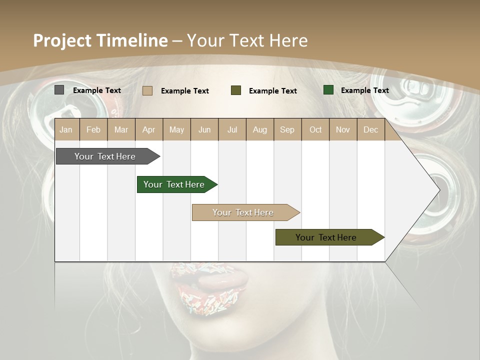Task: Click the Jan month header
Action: tap(66, 129)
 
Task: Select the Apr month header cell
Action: tap(149, 129)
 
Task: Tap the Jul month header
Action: tap(232, 129)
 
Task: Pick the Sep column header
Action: tap(287, 129)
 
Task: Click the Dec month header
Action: tap(370, 129)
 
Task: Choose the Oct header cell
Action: tap(315, 129)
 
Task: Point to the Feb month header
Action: tap(93, 129)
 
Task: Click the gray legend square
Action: tap(59, 90)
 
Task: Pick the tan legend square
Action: tap(147, 90)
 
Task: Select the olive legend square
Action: tap(236, 90)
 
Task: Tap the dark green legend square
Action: tap(328, 90)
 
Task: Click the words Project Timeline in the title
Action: tap(100, 40)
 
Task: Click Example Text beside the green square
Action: tap(364, 90)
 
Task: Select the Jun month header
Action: tap(204, 129)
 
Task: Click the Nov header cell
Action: tap(343, 129)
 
